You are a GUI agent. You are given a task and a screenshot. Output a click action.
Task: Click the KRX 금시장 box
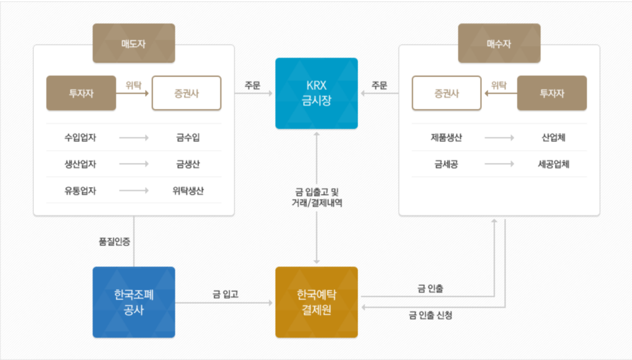[x=316, y=93]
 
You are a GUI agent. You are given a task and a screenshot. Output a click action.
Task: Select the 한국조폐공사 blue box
[x=133, y=302]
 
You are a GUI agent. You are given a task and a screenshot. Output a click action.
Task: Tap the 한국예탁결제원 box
[x=316, y=302]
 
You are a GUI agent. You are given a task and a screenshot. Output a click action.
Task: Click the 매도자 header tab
[x=133, y=43]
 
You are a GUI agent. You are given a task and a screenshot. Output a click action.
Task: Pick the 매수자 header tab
[x=499, y=43]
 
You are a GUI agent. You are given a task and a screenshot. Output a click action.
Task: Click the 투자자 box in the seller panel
[x=81, y=93]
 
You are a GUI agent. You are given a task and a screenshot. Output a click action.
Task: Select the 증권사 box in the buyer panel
[x=447, y=93]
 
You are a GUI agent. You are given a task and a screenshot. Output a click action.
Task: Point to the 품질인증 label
[x=114, y=242]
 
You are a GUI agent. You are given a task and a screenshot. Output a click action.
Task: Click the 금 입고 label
[x=225, y=295]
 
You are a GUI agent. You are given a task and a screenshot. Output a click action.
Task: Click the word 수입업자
[x=80, y=138]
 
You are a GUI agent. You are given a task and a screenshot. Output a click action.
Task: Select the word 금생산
[x=188, y=164]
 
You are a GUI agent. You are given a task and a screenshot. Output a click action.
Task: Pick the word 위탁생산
[x=188, y=190]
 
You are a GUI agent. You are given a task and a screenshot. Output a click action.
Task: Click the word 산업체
[x=552, y=138]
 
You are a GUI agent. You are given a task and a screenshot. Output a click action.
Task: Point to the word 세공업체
[x=552, y=164]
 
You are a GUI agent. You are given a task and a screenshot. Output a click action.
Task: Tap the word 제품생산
[x=447, y=138]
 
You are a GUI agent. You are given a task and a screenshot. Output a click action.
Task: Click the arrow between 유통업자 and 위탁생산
[x=133, y=190]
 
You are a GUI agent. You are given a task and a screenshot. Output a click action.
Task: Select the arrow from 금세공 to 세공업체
[x=499, y=164]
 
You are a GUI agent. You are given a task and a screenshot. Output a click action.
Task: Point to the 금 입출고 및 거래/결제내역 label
[x=317, y=196]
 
